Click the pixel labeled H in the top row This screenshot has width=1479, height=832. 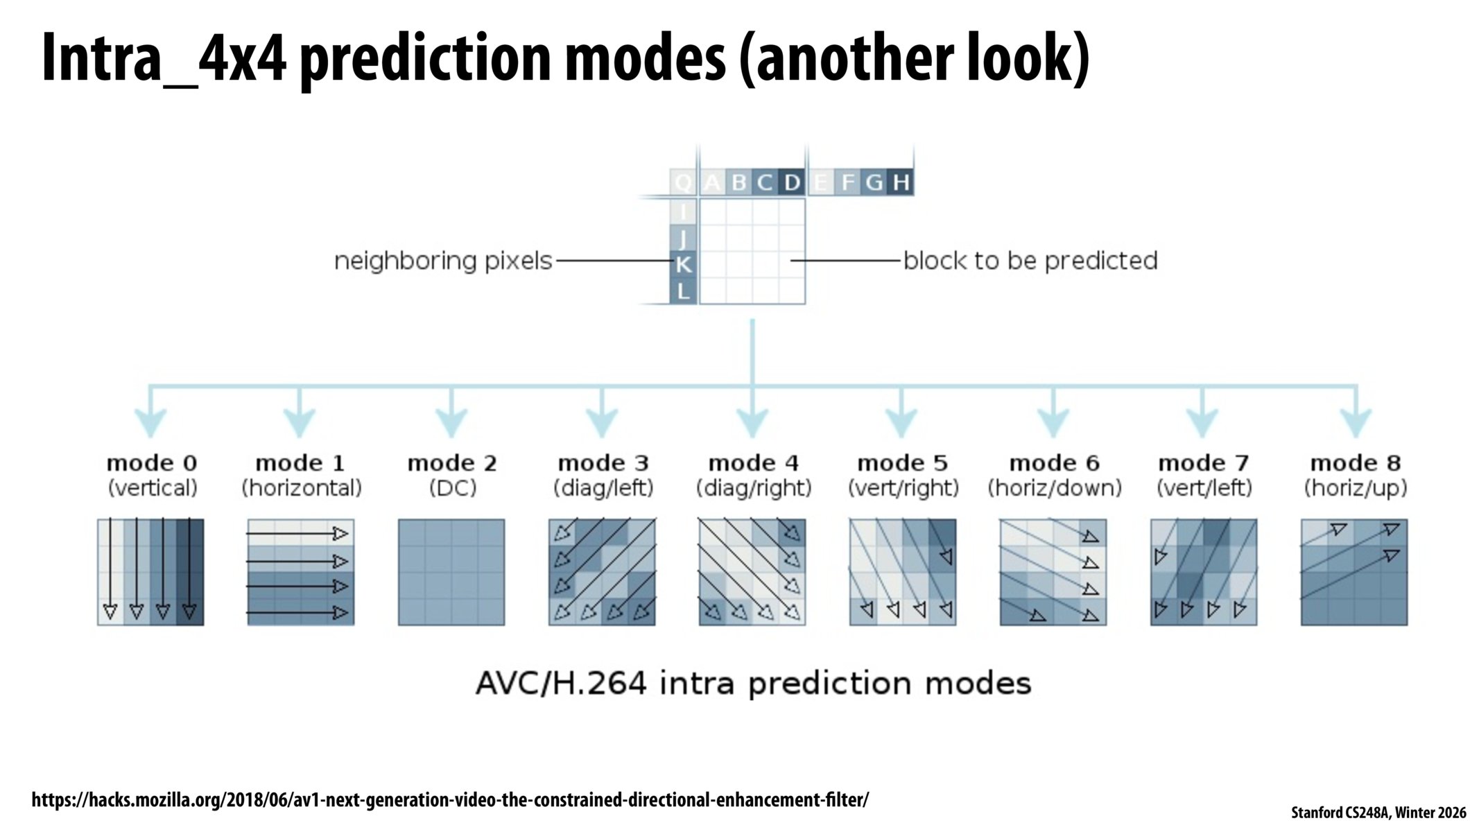[901, 182]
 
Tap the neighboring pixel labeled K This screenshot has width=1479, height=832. [684, 264]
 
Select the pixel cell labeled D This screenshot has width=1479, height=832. [792, 182]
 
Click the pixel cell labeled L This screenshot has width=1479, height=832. [684, 291]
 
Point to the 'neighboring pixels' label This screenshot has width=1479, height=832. [443, 261]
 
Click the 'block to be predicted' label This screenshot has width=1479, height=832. [1030, 261]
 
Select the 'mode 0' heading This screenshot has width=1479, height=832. [152, 462]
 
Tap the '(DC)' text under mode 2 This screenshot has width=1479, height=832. [452, 488]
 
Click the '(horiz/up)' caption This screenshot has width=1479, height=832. [1356, 488]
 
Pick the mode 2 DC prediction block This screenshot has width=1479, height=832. [451, 572]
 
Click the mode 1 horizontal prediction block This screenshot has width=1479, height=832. [301, 572]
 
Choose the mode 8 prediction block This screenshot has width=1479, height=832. [1354, 572]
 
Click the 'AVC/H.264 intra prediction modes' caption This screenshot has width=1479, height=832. [754, 684]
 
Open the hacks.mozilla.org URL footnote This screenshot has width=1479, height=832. [450, 800]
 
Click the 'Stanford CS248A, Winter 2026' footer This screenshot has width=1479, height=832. [1378, 813]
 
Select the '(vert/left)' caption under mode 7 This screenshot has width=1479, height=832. [1204, 488]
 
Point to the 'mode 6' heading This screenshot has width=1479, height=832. [1054, 462]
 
